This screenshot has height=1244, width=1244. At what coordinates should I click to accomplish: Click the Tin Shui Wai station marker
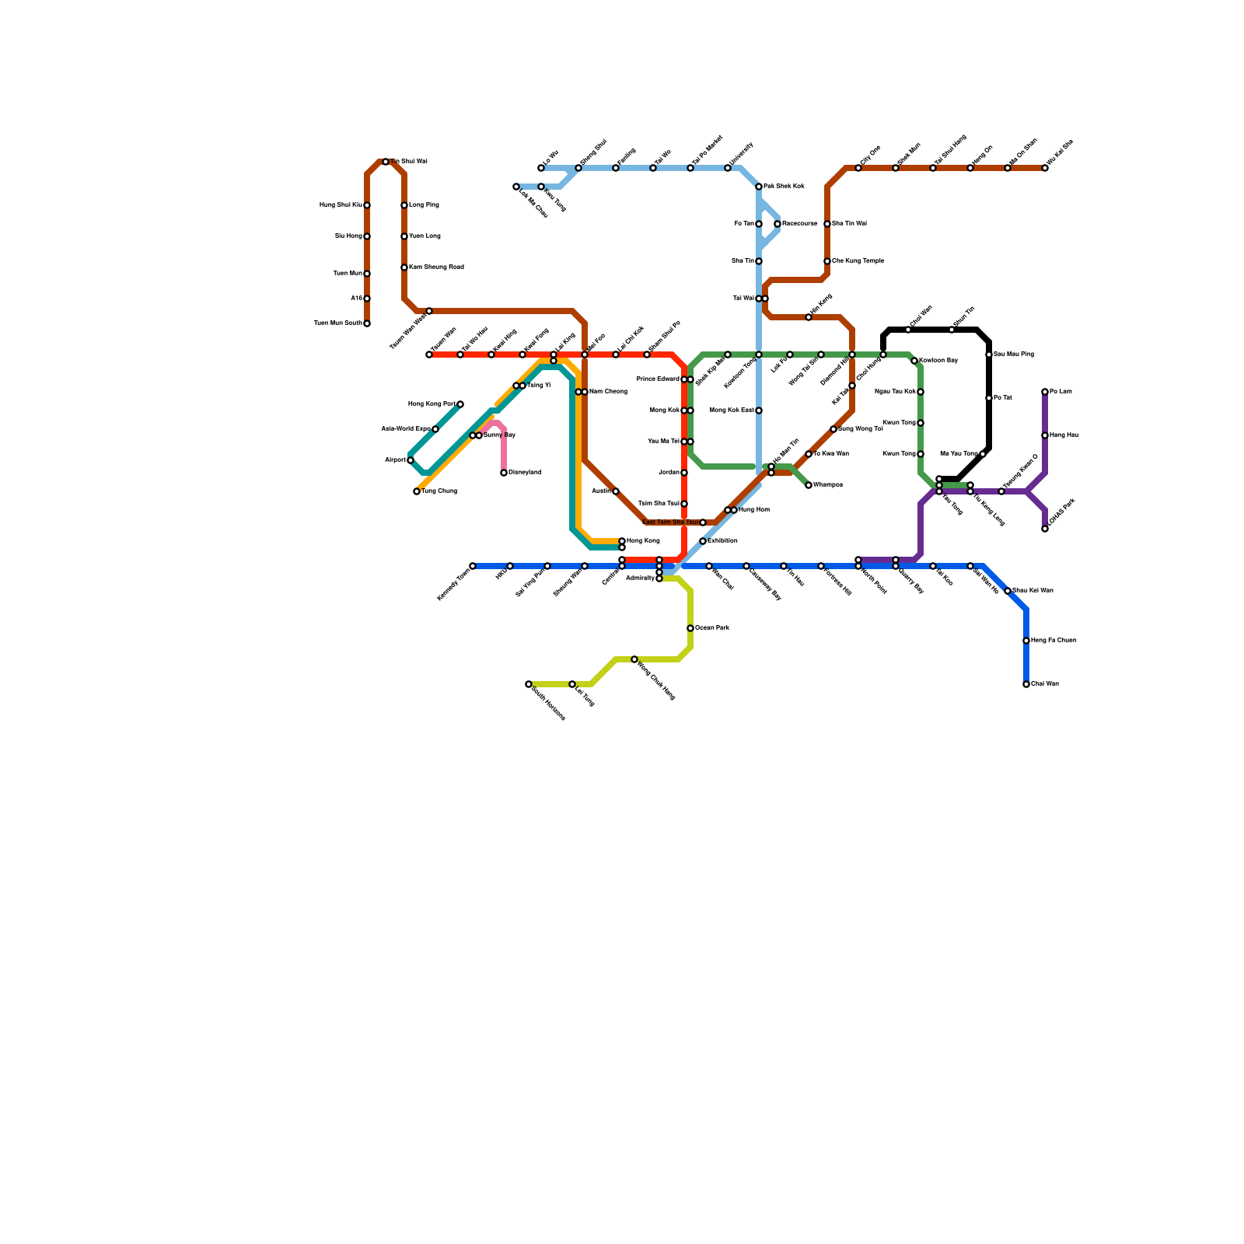pyautogui.click(x=386, y=162)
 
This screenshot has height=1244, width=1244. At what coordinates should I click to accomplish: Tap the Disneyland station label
pyautogui.click(x=525, y=473)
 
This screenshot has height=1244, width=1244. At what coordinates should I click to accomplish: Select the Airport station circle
pyautogui.click(x=411, y=460)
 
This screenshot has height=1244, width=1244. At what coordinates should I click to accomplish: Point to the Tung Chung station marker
pyautogui.click(x=417, y=491)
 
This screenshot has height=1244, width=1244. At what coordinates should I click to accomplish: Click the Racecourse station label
pyautogui.click(x=800, y=224)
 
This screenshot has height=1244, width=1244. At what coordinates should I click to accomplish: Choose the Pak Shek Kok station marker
pyautogui.click(x=759, y=187)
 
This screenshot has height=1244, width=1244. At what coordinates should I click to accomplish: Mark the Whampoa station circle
pyautogui.click(x=809, y=485)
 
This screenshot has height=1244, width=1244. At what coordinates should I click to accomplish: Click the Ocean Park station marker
pyautogui.click(x=690, y=628)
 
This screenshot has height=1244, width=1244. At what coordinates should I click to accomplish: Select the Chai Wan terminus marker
pyautogui.click(x=1026, y=684)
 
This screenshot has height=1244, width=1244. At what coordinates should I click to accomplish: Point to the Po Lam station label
pyautogui.click(x=1061, y=392)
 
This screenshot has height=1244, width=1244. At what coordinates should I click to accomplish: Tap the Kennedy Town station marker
pyautogui.click(x=473, y=566)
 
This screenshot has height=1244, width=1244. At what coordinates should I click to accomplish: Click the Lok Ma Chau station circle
pyautogui.click(x=516, y=187)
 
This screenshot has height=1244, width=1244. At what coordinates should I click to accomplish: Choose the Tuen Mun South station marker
pyautogui.click(x=367, y=323)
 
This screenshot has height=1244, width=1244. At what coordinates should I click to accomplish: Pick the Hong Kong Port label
pyautogui.click(x=432, y=404)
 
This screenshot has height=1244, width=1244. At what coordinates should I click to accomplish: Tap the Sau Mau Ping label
pyautogui.click(x=1014, y=355)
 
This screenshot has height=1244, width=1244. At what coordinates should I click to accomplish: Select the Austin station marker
pyautogui.click(x=616, y=491)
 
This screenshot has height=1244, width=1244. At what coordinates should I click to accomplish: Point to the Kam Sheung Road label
pyautogui.click(x=437, y=267)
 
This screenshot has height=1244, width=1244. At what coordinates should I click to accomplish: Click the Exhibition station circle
pyautogui.click(x=703, y=541)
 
